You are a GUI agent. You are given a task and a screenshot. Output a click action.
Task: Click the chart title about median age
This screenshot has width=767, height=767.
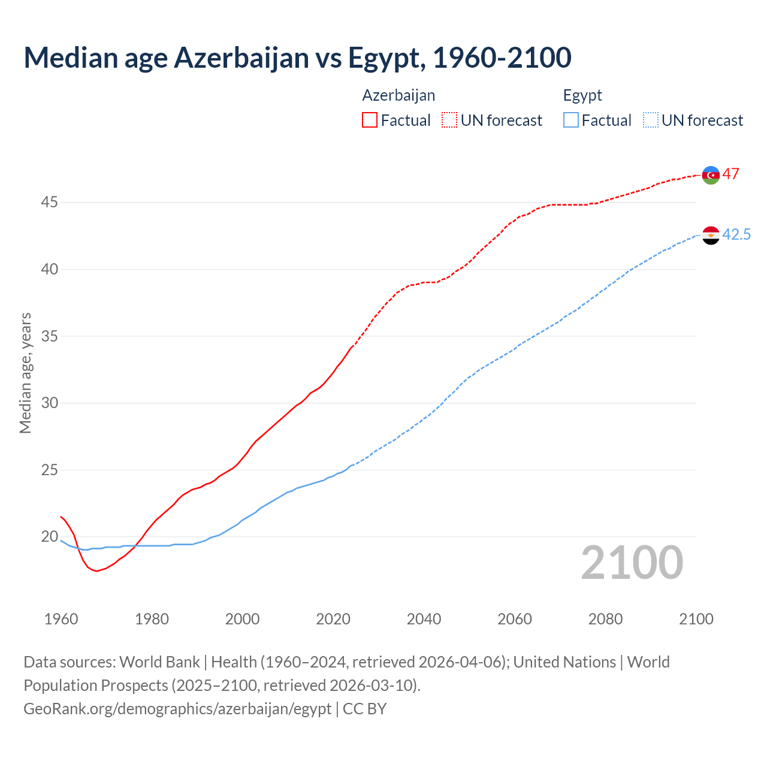(x=297, y=58)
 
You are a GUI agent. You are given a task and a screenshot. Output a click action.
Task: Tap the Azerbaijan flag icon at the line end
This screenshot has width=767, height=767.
(x=711, y=175)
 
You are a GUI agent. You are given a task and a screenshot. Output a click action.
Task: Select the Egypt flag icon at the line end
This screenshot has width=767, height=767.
(x=711, y=235)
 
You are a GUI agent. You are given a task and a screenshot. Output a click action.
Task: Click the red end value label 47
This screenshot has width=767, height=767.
(x=730, y=174)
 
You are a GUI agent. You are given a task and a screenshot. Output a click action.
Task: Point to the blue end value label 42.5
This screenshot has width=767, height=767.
(x=736, y=235)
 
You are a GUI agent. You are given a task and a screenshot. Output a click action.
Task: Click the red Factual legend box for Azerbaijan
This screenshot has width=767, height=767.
(x=370, y=120)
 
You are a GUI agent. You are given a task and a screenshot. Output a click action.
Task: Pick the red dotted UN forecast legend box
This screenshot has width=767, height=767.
(x=449, y=120)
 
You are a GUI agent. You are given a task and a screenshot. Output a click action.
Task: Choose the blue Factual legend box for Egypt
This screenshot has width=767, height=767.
(x=571, y=120)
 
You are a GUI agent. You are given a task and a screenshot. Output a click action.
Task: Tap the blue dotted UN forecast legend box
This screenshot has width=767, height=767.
(x=651, y=120)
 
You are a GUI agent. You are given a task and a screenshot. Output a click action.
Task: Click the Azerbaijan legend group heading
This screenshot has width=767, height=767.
(x=398, y=95)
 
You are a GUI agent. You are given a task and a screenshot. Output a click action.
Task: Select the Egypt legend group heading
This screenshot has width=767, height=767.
(x=582, y=95)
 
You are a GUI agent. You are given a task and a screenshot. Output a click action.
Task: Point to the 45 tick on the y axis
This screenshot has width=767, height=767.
(x=49, y=203)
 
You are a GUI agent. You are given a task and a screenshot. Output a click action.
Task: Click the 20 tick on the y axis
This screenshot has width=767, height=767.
(x=49, y=537)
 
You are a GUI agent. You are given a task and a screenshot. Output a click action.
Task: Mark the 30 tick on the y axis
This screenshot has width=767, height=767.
(x=49, y=403)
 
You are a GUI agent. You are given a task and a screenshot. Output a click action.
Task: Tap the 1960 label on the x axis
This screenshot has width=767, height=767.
(x=61, y=619)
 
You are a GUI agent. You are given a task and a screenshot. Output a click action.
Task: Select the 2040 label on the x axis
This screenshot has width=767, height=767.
(x=424, y=619)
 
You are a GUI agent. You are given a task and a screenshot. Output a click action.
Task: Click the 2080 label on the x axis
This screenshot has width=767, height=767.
(x=605, y=619)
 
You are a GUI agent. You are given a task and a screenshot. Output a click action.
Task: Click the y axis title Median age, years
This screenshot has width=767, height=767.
(x=25, y=373)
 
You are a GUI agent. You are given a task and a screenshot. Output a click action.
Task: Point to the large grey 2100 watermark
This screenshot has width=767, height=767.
(x=632, y=562)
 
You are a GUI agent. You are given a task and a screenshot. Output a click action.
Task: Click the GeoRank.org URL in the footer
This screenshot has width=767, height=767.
(x=177, y=709)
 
